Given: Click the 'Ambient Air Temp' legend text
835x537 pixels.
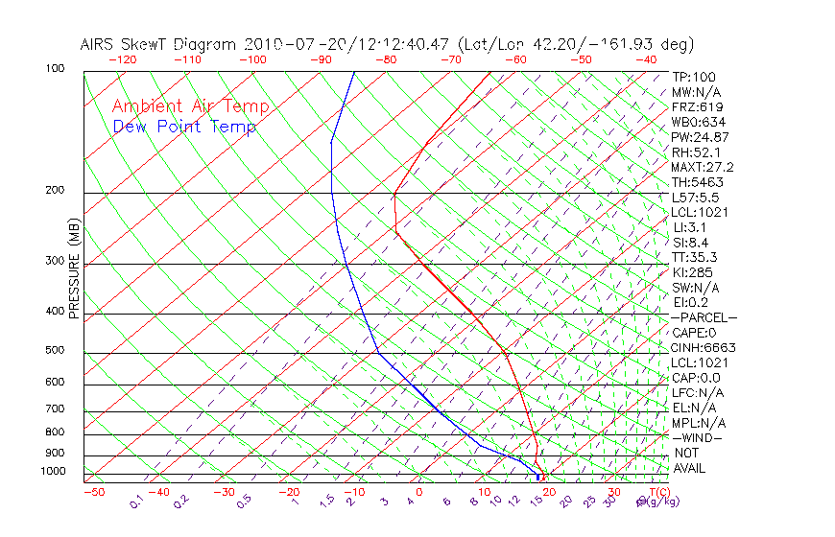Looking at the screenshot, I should tap(190, 107).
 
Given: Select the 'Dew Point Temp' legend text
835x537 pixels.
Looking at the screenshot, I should tap(184, 127).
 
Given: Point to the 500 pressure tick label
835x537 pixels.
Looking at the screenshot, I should tap(55, 351).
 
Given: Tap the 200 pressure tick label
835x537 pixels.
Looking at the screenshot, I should tap(55, 191).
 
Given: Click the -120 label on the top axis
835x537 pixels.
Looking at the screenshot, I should tap(122, 59).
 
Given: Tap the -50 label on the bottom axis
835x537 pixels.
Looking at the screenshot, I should tap(93, 493).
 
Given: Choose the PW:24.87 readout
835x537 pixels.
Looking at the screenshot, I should tap(700, 137).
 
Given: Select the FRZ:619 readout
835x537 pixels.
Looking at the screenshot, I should tap(698, 107).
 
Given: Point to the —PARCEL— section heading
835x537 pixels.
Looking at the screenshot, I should tap(704, 317).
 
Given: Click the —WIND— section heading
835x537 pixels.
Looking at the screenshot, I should tap(698, 437).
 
